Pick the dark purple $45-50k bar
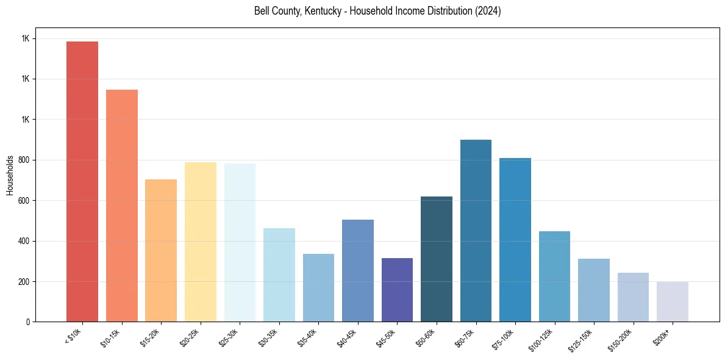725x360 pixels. [397, 290]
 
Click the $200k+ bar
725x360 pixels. [673, 301]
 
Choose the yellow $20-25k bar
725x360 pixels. [200, 242]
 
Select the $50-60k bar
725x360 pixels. [437, 259]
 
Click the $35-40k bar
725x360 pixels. [318, 287]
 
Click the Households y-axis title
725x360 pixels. [10, 175]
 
